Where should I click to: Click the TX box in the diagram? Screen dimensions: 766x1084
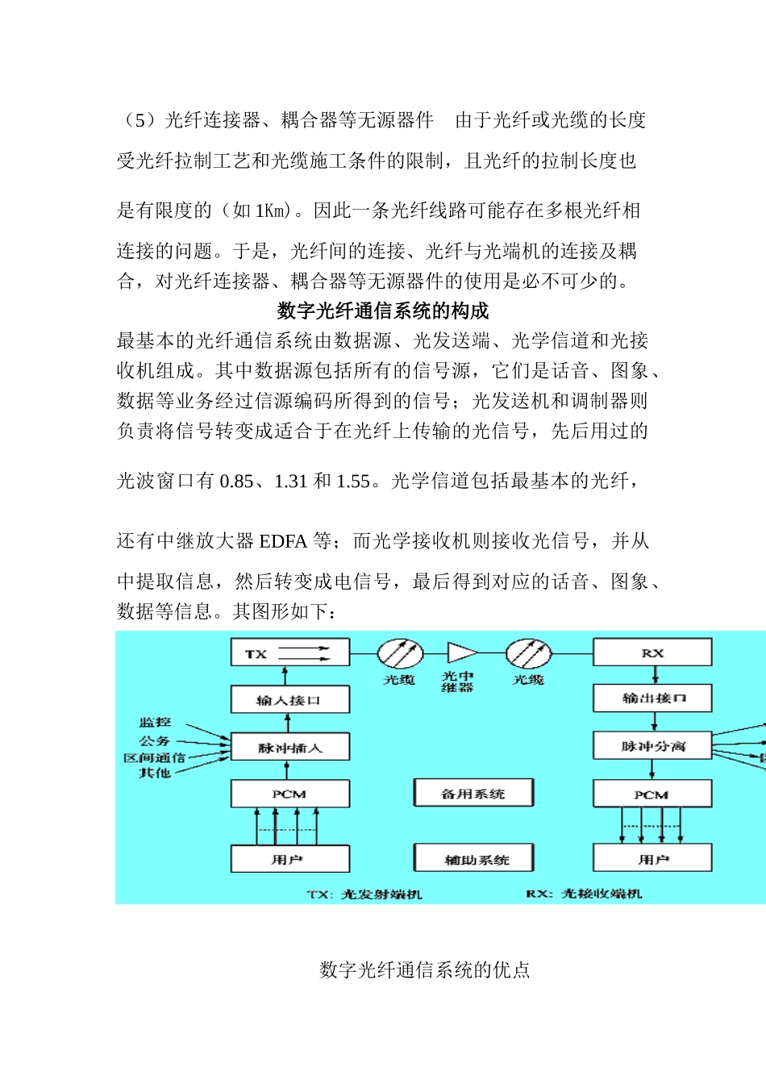(290, 652)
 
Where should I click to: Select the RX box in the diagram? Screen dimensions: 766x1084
(652, 652)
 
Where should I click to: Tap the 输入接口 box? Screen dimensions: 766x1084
(290, 699)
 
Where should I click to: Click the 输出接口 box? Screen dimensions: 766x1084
(652, 698)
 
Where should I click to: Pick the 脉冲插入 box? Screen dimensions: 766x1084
(290, 747)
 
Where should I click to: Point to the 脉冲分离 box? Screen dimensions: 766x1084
(652, 746)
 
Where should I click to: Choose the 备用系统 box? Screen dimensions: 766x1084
(473, 793)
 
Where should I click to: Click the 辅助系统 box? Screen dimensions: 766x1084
(473, 859)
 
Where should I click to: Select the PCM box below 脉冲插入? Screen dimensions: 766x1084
(290, 794)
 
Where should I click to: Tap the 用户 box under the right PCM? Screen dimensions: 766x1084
(652, 859)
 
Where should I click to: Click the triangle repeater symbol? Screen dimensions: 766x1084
(461, 652)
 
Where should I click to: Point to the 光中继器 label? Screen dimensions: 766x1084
(457, 682)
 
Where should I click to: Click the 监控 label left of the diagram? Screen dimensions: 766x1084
(155, 722)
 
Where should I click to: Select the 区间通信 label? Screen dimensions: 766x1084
(154, 757)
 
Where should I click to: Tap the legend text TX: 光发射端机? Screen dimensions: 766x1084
(364, 894)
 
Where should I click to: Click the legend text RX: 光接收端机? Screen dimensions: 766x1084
(584, 893)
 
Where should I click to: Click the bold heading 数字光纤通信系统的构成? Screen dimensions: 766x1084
(383, 311)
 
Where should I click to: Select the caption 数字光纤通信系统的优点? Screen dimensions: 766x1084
(425, 969)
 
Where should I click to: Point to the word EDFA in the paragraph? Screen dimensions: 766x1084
(283, 541)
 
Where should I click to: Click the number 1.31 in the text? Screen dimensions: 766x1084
(291, 482)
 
